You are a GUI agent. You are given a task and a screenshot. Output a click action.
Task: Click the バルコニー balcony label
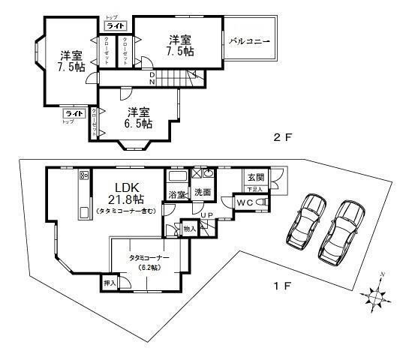[x=249, y=40]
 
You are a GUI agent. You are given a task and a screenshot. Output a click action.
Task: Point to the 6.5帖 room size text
[x=137, y=123]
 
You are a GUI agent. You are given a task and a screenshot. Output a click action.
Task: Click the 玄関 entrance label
[x=255, y=177]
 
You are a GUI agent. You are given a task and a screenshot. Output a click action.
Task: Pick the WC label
[x=245, y=202]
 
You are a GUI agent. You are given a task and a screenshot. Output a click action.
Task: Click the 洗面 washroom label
[x=203, y=193]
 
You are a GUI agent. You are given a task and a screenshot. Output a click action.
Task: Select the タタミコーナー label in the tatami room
[x=149, y=257]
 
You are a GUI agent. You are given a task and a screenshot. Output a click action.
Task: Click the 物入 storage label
[x=189, y=228]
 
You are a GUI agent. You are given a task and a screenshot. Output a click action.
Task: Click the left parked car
[x=304, y=220]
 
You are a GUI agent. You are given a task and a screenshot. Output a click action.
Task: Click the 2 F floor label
[x=282, y=137]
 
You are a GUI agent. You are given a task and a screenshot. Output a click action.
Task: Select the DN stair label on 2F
[x=152, y=77]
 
